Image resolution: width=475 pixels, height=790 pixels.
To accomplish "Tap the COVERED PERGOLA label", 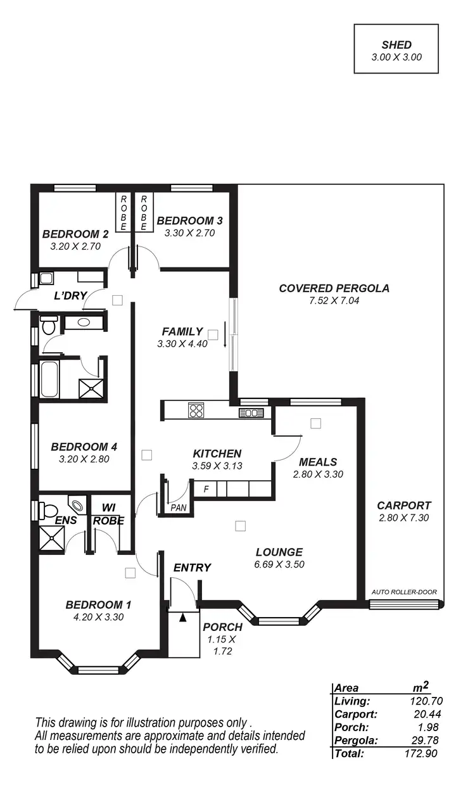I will click(334, 288).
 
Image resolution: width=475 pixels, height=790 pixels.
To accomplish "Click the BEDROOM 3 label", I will click(189, 220).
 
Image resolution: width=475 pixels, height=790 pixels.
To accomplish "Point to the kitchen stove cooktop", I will click(196, 411).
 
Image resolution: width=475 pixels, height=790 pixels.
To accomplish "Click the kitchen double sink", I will click(251, 413).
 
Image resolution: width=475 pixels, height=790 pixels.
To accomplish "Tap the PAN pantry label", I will click(178, 507).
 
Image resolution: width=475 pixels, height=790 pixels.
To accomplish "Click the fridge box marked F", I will click(205, 489).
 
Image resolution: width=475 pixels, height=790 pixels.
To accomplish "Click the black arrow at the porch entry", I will click(184, 617).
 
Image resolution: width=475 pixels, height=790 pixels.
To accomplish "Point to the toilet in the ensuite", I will click(48, 510).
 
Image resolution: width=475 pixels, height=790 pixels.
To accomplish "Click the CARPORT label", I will click(403, 506).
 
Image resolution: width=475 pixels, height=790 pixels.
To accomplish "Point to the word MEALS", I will click(317, 461).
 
